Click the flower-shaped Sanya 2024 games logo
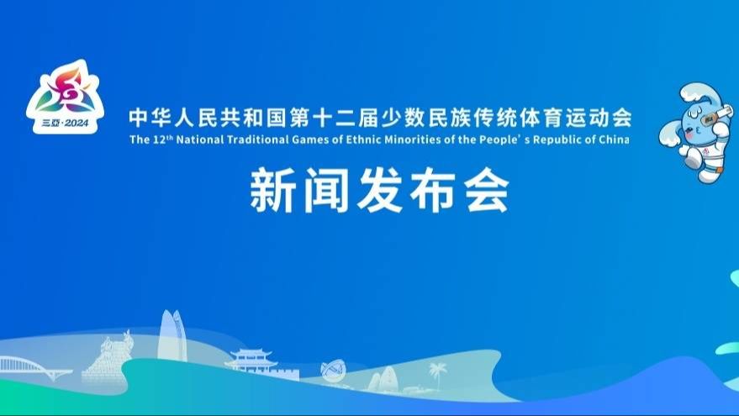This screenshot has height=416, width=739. (x=65, y=96)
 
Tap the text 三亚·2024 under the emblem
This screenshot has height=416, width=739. (x=65, y=124)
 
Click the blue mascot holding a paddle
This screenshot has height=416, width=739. (x=698, y=132)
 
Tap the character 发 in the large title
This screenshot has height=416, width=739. (x=379, y=191)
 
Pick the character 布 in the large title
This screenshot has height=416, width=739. (x=433, y=191)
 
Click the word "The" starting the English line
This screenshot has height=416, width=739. (x=140, y=140)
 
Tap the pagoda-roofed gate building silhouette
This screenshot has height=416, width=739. (x=251, y=360)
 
